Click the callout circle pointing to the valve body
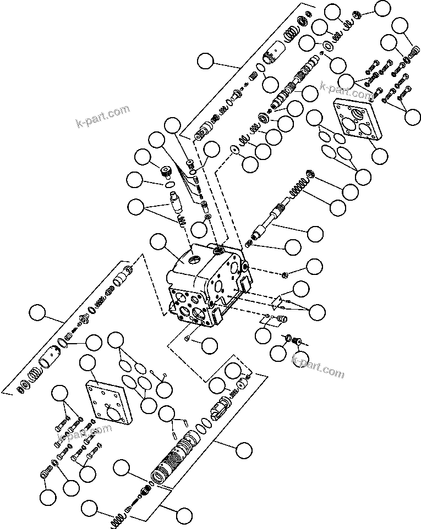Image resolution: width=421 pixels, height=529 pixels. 159,243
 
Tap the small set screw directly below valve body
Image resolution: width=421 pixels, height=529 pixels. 189,338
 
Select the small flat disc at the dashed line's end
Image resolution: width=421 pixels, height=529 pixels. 233,150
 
